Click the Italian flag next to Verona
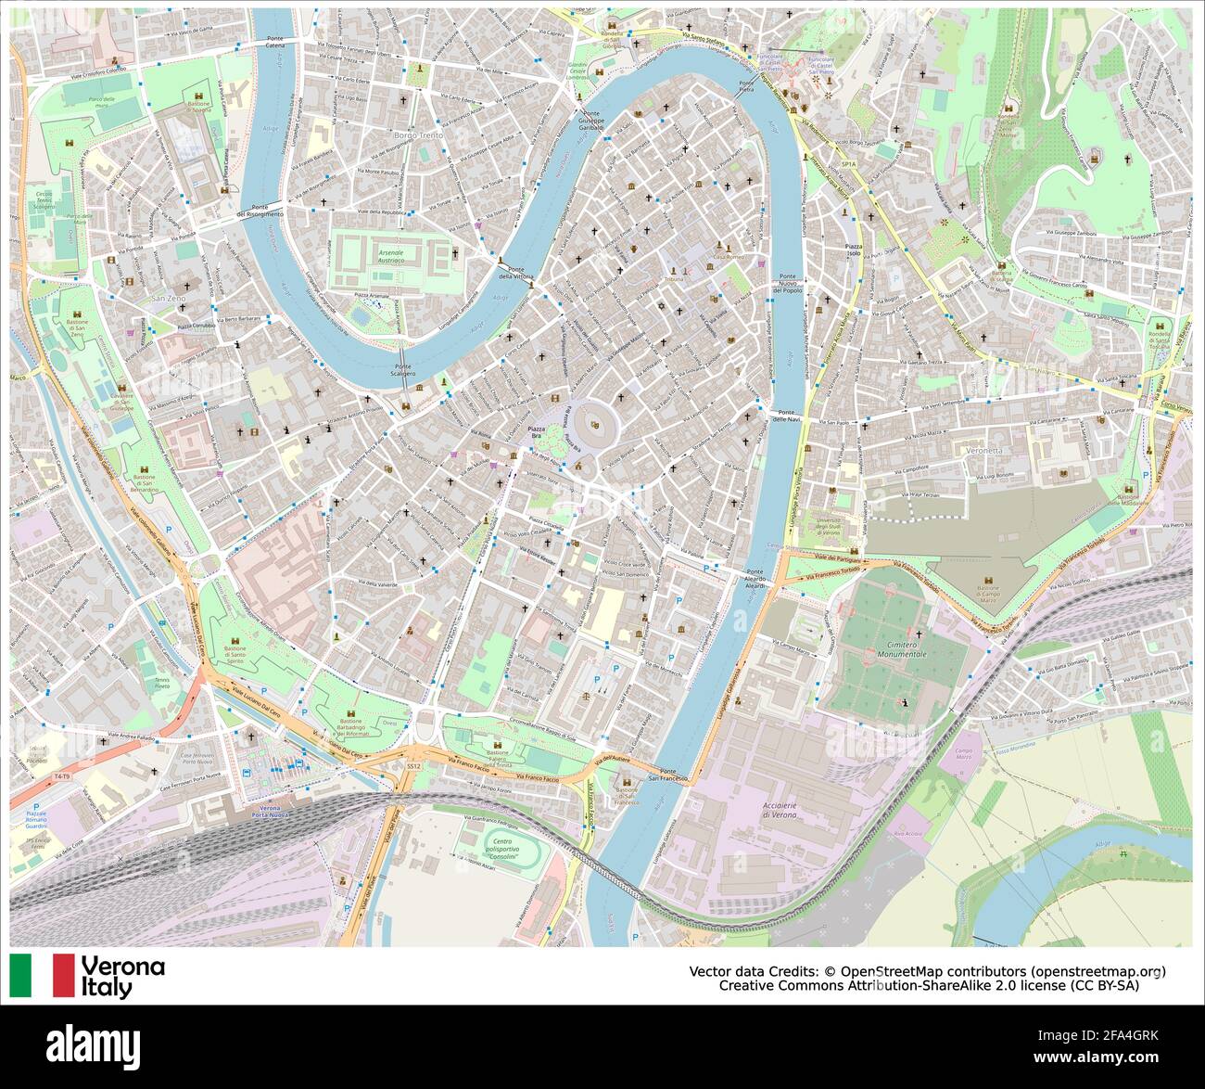pyautogui.click(x=42, y=975)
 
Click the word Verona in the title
pyautogui.click(x=123, y=967)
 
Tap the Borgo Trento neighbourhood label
pyautogui.click(x=418, y=135)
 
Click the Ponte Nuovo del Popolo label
pyautogui.click(x=788, y=283)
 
